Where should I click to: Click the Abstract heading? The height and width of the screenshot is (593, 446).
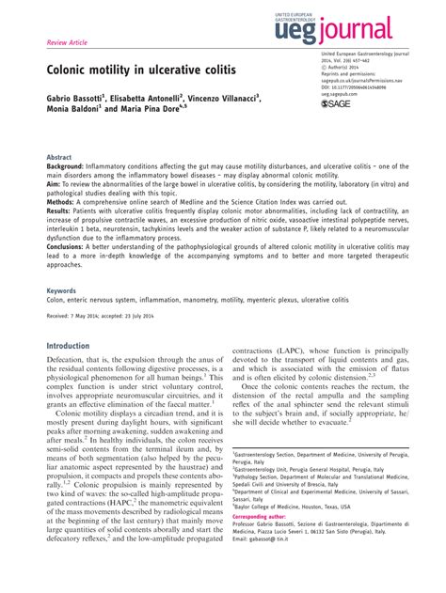[59, 158]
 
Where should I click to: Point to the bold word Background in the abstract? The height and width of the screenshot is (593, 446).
[71, 166]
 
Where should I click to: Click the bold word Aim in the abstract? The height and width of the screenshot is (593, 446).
[55, 185]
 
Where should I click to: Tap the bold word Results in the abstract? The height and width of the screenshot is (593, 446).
[62, 212]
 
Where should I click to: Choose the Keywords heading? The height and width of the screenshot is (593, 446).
[62, 291]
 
